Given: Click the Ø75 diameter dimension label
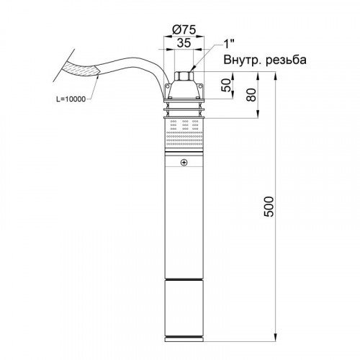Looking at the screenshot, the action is pos(184,30).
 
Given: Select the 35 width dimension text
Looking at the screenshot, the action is pos(184,43).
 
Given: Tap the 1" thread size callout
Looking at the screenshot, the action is pos(229,44).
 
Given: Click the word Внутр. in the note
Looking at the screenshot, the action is pos(243,60).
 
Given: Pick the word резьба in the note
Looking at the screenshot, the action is pos(286,60).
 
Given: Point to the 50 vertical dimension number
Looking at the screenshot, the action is pos(226,85).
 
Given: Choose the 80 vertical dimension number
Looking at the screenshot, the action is pos(251,95).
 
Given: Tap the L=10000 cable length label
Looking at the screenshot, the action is pos(71,99).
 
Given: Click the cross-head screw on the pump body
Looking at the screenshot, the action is pos(184,163).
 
